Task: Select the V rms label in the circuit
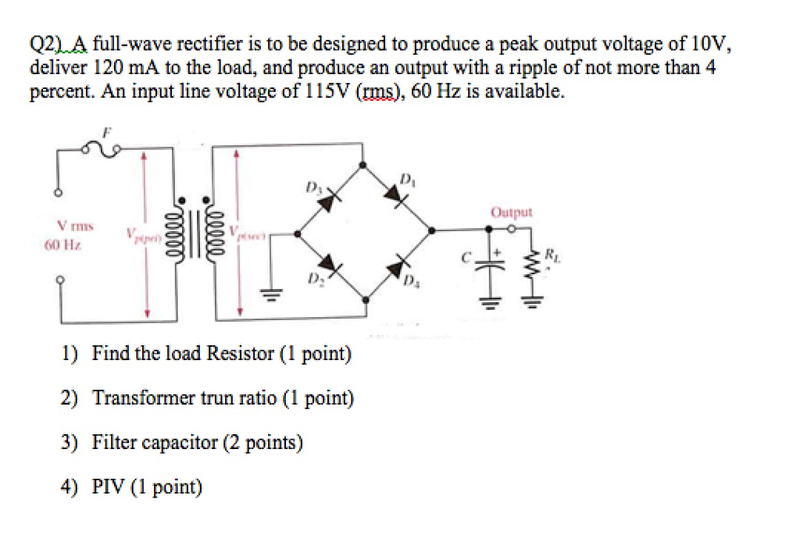[75, 226]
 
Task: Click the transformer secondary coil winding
[216, 232]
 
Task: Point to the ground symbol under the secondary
[274, 295]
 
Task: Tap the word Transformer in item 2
[140, 398]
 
